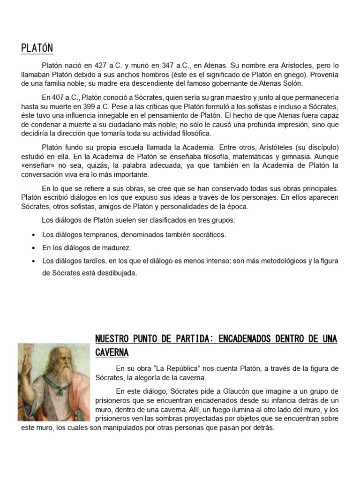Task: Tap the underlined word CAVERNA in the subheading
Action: click(x=112, y=352)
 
